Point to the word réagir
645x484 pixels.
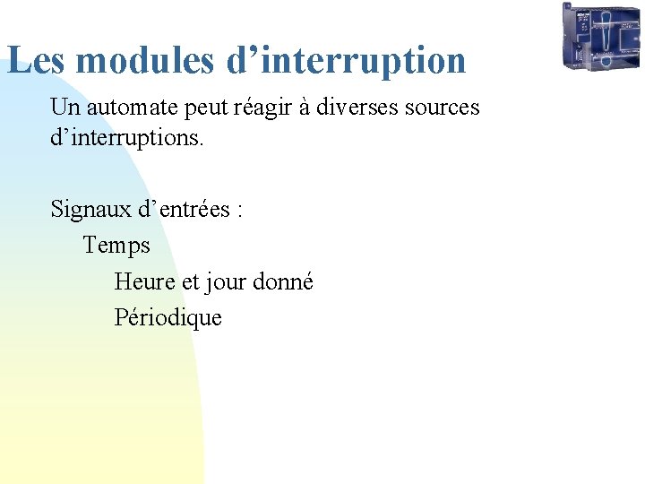pyautogui.click(x=263, y=108)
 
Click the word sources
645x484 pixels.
pyautogui.click(x=442, y=108)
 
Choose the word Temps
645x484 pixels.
pyautogui.click(x=116, y=245)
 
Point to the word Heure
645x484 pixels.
pyautogui.click(x=145, y=281)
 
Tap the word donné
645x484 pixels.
pyautogui.click(x=283, y=281)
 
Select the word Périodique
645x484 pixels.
pyautogui.click(x=168, y=317)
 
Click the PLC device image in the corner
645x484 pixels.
pyautogui.click(x=601, y=37)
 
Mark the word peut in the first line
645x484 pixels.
pyautogui.click(x=206, y=108)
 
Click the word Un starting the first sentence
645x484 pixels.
pyautogui.click(x=63, y=108)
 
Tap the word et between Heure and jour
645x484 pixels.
pyautogui.click(x=190, y=281)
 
